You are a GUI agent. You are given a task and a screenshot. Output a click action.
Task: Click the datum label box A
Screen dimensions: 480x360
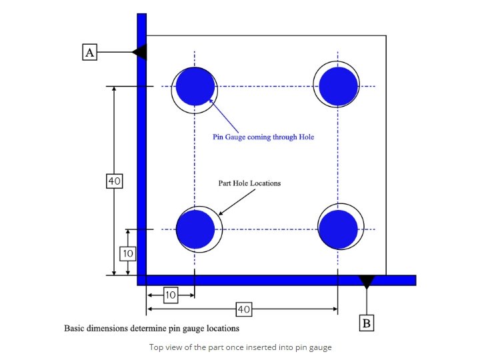point(90,52)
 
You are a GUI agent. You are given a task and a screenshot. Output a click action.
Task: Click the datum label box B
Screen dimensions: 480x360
point(366,323)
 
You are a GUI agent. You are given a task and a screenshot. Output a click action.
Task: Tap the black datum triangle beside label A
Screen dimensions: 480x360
point(140,52)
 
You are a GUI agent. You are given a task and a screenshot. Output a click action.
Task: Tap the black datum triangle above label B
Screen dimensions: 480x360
point(366,281)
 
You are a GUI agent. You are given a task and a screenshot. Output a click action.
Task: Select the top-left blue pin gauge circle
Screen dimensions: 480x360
point(195,87)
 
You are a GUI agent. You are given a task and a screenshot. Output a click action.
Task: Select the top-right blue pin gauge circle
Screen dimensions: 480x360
point(339,87)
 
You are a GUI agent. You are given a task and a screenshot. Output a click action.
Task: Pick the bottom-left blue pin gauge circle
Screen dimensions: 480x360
point(195,229)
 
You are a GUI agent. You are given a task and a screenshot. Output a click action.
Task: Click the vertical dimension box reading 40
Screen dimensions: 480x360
point(114,181)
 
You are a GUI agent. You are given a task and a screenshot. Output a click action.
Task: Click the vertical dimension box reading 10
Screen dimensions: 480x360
point(128,253)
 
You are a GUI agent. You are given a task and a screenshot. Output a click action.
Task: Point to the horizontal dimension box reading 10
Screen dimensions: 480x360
point(170,295)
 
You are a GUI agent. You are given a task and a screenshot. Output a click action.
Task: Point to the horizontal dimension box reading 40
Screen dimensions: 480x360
point(243,309)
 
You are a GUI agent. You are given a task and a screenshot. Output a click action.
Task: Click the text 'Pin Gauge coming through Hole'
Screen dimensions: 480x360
point(263,137)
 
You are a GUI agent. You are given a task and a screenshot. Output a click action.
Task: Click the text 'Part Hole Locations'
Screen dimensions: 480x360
point(249,183)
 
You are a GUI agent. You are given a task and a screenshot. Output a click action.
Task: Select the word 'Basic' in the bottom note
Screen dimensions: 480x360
point(74,328)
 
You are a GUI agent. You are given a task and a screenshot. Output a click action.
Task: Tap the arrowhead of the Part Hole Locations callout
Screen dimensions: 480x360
point(220,213)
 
